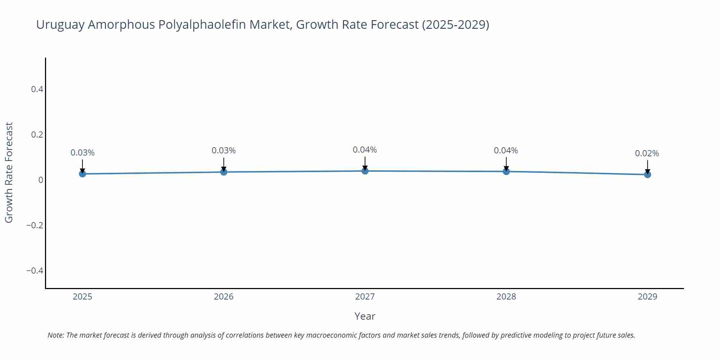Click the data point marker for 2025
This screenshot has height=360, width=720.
click(x=82, y=174)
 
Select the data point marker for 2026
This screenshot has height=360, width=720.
click(x=224, y=172)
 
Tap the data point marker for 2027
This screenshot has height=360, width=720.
click(x=365, y=171)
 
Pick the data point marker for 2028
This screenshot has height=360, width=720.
click(x=506, y=171)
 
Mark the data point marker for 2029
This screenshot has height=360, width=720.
click(x=647, y=175)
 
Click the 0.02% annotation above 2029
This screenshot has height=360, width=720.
click(x=647, y=153)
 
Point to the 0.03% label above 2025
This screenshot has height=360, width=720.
click(x=82, y=153)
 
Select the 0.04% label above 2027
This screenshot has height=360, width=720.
click(x=365, y=150)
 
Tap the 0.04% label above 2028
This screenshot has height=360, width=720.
click(x=506, y=150)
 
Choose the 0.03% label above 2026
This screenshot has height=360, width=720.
click(x=224, y=150)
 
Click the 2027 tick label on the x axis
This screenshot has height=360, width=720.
click(x=365, y=297)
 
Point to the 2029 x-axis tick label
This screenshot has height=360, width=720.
click(x=647, y=297)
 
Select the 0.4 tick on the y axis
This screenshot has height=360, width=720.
click(x=37, y=89)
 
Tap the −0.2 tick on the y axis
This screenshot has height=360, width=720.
click(x=35, y=225)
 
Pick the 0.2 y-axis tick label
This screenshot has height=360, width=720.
click(x=37, y=135)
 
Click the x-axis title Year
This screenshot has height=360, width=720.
click(x=365, y=316)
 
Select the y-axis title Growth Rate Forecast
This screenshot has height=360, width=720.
click(x=9, y=172)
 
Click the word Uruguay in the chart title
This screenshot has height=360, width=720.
click(x=60, y=25)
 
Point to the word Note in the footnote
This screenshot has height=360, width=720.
click(x=55, y=335)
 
